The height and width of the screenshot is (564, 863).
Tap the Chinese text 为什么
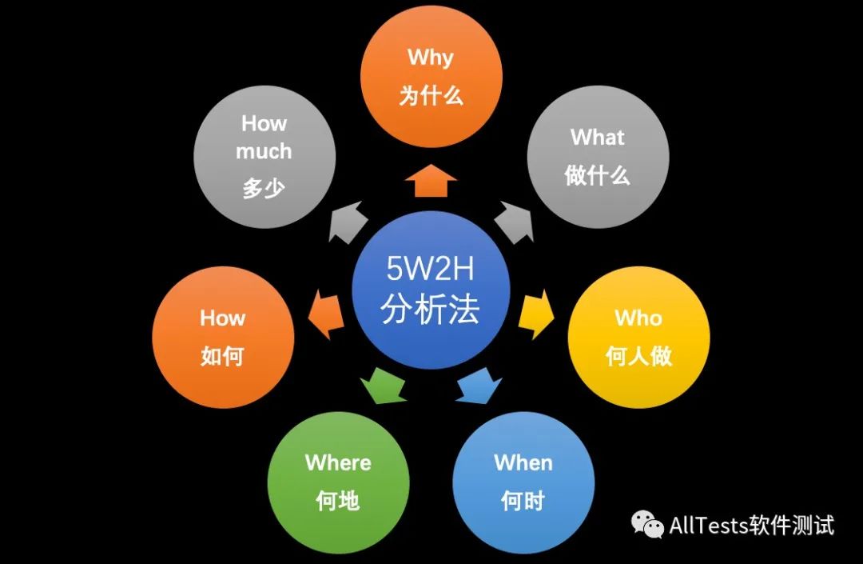(431, 97)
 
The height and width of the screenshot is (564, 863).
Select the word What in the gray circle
(597, 138)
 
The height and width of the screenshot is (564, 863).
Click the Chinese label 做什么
(597, 176)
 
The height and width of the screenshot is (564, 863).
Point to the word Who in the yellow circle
(638, 318)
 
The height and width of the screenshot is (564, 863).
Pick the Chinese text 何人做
(638, 357)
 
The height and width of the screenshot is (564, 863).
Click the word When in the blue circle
(523, 462)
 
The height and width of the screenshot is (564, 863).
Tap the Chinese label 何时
(523, 502)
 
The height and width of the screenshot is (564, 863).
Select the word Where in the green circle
(338, 462)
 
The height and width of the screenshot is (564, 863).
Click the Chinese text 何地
(338, 502)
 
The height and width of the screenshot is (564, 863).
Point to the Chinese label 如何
(222, 357)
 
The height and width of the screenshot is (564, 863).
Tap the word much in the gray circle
(264, 151)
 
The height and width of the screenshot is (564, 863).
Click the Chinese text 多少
(264, 190)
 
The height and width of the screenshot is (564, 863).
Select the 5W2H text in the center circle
(430, 270)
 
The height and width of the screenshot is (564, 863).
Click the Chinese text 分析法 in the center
(430, 310)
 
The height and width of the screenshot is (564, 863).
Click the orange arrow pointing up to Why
(431, 180)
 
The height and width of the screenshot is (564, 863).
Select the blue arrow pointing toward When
(480, 386)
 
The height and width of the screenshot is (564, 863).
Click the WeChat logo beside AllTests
(647, 525)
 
